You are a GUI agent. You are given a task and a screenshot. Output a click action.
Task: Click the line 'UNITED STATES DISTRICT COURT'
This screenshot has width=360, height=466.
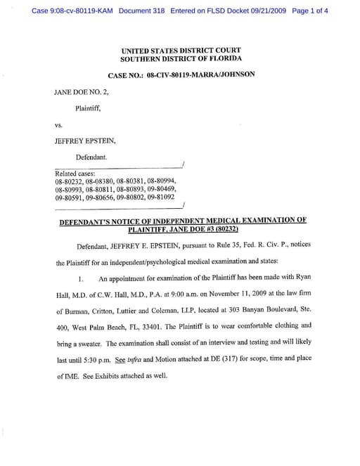(x=181, y=51)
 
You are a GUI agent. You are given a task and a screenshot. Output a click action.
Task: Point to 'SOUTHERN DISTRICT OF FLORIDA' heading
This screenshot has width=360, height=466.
(x=181, y=59)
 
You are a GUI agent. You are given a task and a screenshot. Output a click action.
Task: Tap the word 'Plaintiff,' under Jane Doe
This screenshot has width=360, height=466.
(x=89, y=108)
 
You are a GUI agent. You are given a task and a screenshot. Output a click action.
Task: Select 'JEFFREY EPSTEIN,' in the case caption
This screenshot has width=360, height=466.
(x=85, y=141)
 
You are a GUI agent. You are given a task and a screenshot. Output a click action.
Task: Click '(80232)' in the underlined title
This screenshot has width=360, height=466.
(x=223, y=229)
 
